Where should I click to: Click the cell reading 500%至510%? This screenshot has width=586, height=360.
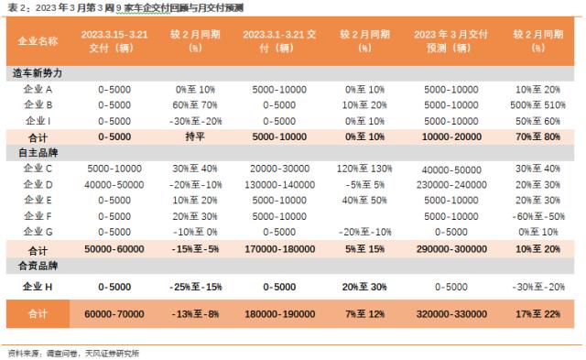tap(537, 105)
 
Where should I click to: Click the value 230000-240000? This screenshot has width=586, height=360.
tap(451, 184)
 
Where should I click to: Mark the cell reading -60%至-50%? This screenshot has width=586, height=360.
tap(537, 215)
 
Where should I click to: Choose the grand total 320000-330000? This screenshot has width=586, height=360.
tap(451, 313)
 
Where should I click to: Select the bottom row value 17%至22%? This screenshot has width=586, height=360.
tap(537, 313)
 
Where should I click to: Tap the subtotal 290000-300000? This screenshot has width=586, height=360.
tap(451, 249)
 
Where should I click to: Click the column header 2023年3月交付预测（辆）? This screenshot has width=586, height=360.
tap(451, 41)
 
